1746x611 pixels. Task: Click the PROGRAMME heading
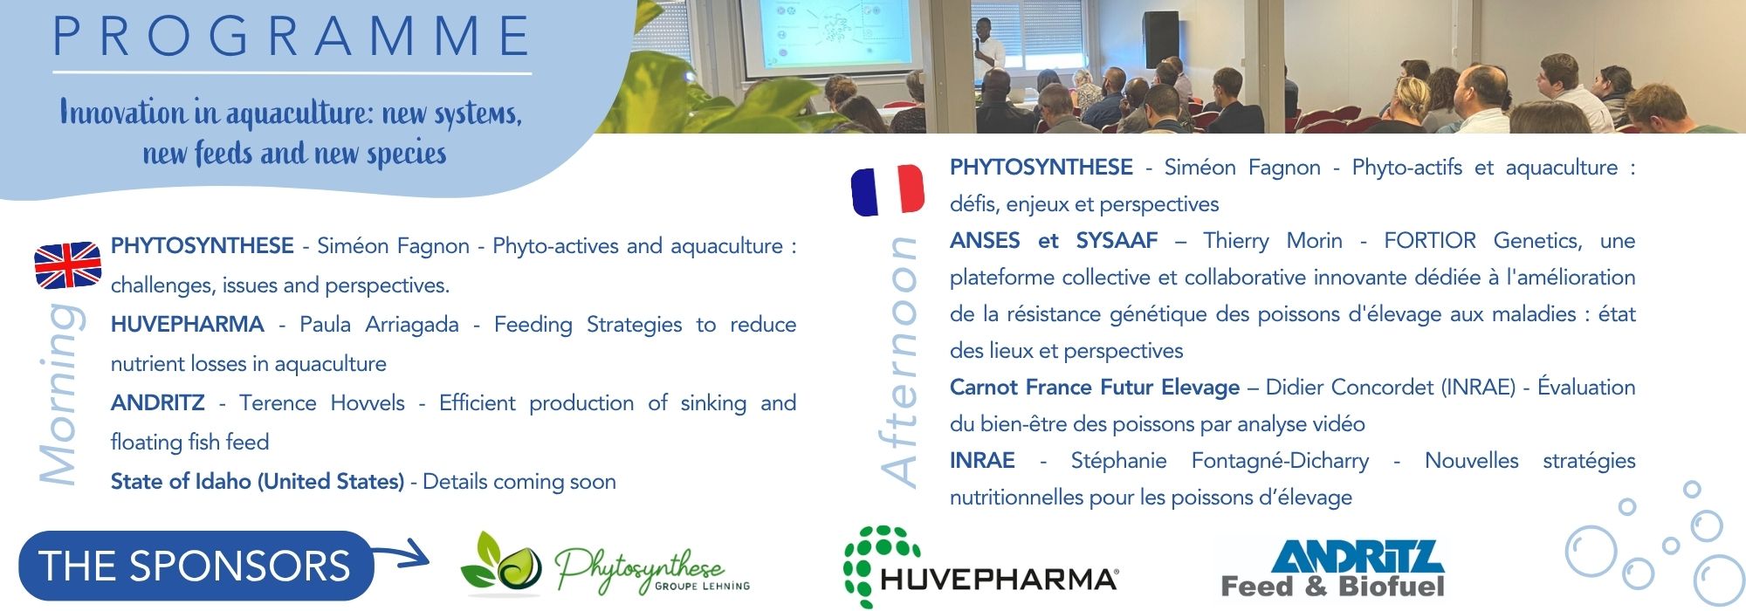point(292,37)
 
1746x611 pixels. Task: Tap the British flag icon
point(68,265)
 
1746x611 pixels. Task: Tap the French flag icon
point(888,189)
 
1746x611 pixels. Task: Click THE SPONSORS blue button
point(196,566)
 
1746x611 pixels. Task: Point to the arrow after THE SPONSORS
point(402,553)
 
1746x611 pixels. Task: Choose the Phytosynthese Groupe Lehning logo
point(605,565)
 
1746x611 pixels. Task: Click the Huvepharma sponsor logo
point(980,566)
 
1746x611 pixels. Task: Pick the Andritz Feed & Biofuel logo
point(1333,568)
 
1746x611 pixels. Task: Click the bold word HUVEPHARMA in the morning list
point(187,325)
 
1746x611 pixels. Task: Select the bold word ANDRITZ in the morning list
point(158,403)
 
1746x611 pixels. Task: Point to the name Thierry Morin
point(1273,241)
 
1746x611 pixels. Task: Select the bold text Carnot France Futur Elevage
point(1095,388)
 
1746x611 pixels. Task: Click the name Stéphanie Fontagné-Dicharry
point(1220,461)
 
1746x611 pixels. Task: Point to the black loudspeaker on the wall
point(1161,39)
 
